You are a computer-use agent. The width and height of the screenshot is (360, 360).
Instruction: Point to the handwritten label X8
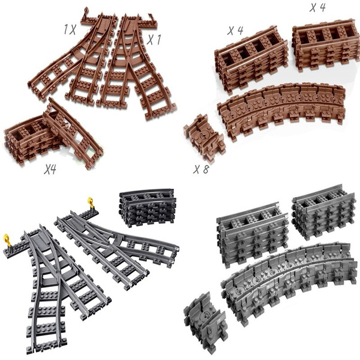click(x=201, y=169)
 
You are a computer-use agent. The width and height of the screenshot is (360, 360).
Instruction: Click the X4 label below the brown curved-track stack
click(x=50, y=170)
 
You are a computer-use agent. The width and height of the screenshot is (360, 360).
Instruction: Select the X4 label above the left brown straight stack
click(x=235, y=31)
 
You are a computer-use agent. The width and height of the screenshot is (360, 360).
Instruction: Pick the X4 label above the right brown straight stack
click(x=317, y=8)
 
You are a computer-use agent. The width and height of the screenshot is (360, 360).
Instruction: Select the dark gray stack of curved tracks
click(x=147, y=208)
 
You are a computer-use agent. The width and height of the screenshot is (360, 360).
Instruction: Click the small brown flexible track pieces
click(x=203, y=136)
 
